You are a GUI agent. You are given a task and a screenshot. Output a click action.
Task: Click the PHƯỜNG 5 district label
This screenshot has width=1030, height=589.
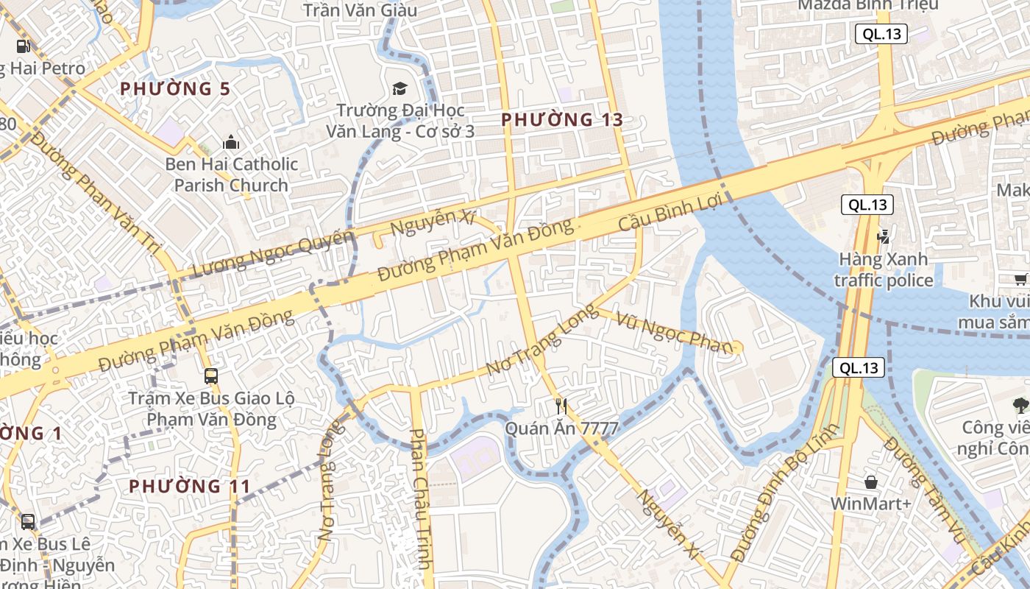[175, 89]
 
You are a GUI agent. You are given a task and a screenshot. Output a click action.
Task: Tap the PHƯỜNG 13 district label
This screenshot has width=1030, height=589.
[562, 119]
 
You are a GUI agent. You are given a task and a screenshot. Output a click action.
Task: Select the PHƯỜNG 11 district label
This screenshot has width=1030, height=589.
[190, 486]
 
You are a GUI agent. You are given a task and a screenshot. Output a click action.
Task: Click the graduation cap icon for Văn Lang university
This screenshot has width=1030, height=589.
[399, 89]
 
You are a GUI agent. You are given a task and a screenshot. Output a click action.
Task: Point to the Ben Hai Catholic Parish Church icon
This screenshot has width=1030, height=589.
[231, 141]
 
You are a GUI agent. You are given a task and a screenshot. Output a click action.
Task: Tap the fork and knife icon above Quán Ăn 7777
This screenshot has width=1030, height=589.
[562, 405]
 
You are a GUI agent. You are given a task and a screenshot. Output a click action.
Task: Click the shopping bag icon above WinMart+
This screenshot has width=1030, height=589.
[871, 482]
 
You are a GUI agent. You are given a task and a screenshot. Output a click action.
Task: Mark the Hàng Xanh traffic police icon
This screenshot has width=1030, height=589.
[883, 236]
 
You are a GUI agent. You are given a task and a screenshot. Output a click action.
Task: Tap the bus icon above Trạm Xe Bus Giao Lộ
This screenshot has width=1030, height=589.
[211, 376]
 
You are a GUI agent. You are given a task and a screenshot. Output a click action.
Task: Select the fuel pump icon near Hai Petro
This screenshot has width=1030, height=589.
[24, 46]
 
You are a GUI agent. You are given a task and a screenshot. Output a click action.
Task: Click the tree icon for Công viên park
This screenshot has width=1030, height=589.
[1020, 404]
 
